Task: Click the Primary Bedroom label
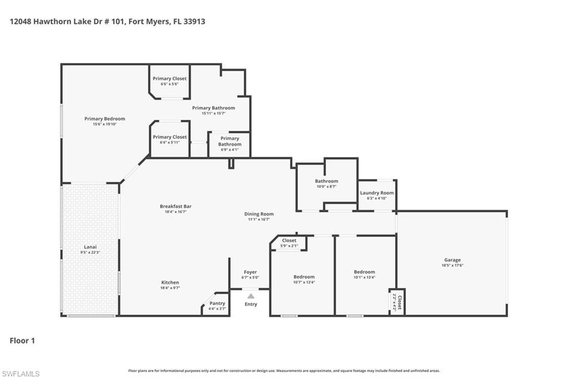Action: click(104, 119)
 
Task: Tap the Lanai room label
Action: click(90, 247)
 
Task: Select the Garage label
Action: click(452, 260)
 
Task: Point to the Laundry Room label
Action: click(377, 193)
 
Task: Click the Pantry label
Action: click(217, 303)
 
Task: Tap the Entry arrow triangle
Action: click(251, 296)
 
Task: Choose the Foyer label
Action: click(250, 272)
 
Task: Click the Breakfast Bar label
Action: click(175, 206)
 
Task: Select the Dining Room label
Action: click(259, 214)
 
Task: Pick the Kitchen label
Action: click(170, 283)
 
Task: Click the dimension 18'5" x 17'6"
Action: click(452, 265)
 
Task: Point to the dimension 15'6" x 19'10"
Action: click(104, 124)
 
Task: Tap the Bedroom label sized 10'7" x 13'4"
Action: click(304, 277)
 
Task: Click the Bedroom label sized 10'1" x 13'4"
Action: click(364, 272)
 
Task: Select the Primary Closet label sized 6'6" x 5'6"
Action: click(170, 79)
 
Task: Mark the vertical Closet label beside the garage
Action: click(399, 302)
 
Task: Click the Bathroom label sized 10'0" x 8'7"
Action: click(326, 181)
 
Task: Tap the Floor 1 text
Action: click(22, 341)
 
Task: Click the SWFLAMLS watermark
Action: click(21, 374)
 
